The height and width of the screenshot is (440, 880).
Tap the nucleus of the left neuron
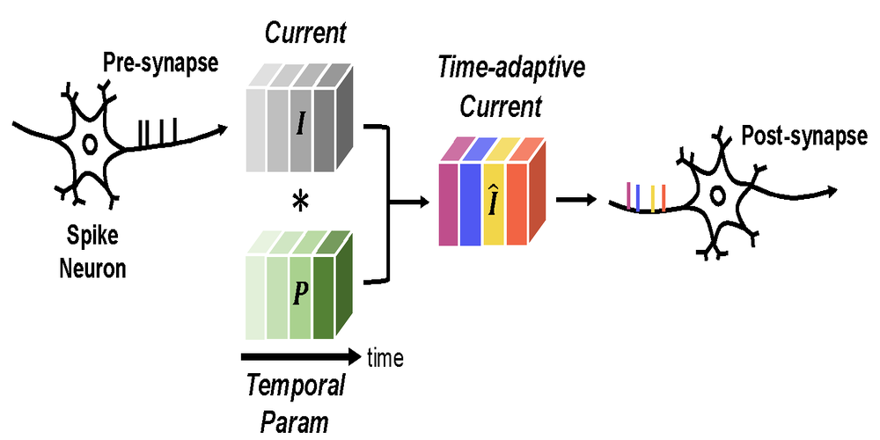[x=89, y=143]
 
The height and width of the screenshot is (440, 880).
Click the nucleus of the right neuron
[x=718, y=195]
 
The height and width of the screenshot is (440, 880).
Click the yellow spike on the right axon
[x=652, y=197]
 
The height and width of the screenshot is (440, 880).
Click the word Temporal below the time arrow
[x=294, y=385]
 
